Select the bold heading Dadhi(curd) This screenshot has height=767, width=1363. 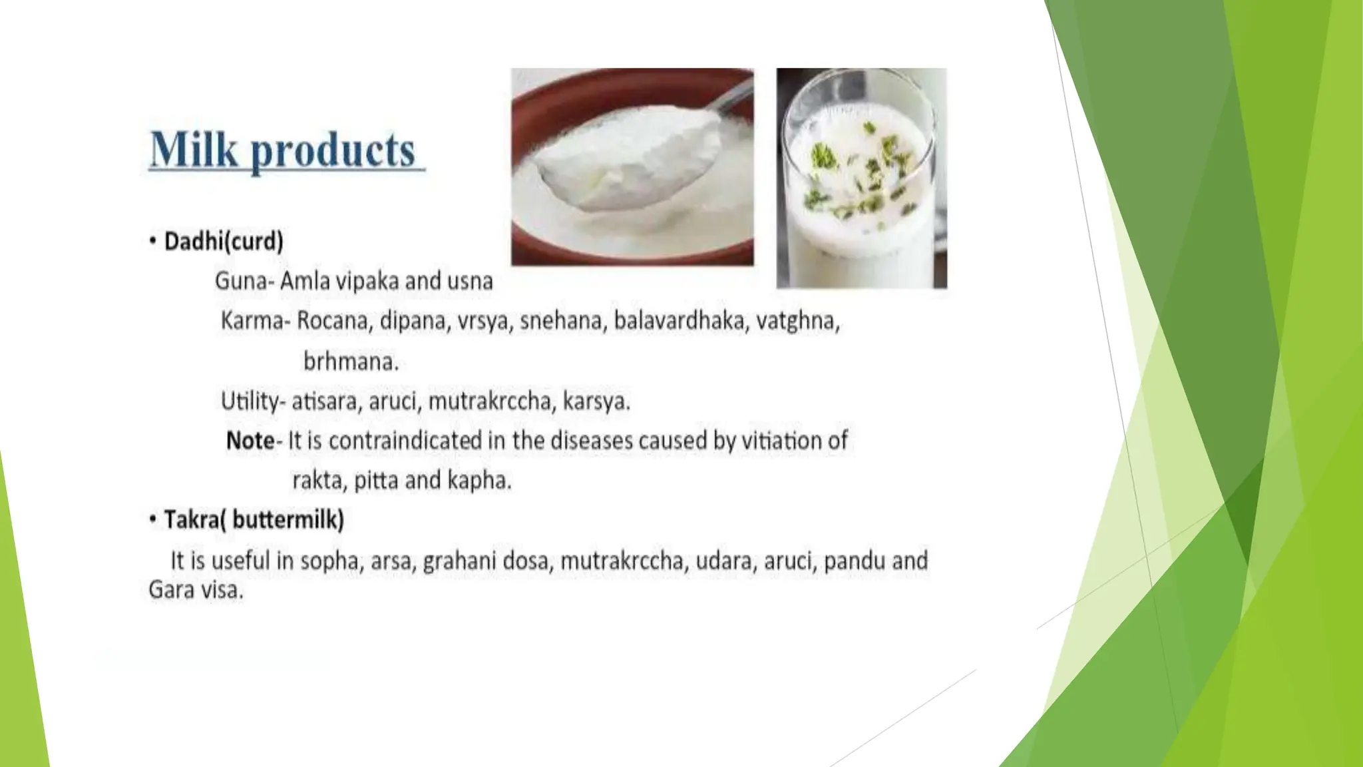click(x=224, y=241)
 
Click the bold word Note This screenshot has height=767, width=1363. click(x=250, y=441)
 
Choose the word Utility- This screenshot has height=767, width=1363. click(x=253, y=401)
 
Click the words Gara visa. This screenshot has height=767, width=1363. click(x=196, y=590)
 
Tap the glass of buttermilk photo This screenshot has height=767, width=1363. click(x=861, y=178)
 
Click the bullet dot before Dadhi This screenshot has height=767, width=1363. click(x=153, y=240)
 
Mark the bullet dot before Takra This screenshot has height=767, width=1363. click(x=153, y=519)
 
